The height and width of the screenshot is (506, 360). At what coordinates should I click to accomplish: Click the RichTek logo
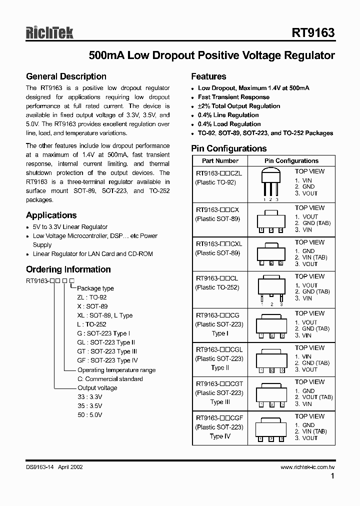tap(49, 33)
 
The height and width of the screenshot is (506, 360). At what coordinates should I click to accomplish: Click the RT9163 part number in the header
tap(313, 33)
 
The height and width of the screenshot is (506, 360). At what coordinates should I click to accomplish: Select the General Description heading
tap(66, 76)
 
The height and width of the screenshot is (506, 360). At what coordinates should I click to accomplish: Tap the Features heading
tap(208, 76)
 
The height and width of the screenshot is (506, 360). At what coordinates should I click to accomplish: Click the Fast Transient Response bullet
tap(233, 97)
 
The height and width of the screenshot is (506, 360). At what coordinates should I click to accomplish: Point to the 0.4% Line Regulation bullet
tap(228, 115)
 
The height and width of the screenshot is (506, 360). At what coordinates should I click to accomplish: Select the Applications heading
tap(51, 215)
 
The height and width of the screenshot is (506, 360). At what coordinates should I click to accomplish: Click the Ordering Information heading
tap(68, 269)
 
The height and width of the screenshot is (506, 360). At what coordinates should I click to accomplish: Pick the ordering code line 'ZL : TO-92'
tap(92, 297)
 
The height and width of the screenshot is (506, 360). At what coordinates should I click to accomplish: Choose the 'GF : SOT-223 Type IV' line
tap(107, 360)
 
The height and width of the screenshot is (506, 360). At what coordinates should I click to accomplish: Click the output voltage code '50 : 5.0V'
tap(89, 415)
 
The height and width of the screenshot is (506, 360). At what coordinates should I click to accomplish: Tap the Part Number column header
tap(220, 161)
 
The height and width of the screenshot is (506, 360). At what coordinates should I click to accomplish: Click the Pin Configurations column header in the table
tap(291, 161)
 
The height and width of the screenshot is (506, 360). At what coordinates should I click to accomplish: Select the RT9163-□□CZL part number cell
tap(218, 173)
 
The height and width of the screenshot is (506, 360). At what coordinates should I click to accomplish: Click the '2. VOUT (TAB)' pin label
tap(313, 397)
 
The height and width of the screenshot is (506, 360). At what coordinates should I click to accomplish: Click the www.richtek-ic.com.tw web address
tap(307, 467)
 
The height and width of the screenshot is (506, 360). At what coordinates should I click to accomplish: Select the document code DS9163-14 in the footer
tap(40, 467)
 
